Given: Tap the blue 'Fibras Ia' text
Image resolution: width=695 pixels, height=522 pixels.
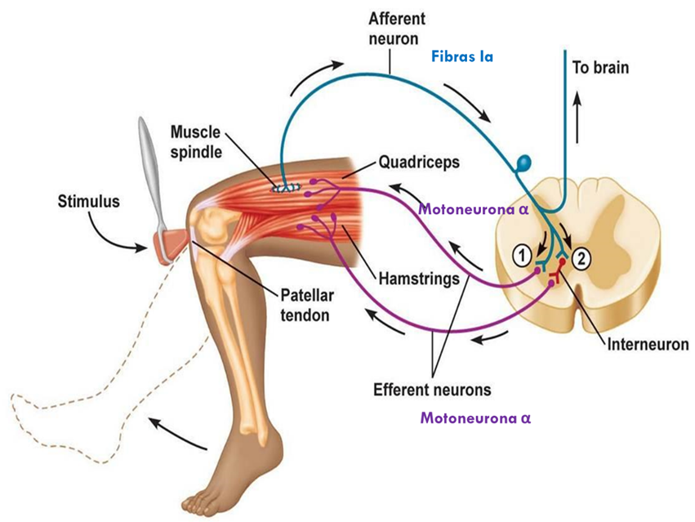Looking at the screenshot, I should pyautogui.click(x=462, y=58).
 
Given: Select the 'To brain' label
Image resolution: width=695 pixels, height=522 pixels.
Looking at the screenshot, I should pyautogui.click(x=600, y=67).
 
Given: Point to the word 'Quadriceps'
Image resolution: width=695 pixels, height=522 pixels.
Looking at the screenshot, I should pyautogui.click(x=419, y=162).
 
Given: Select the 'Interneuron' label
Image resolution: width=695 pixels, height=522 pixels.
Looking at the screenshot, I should pyautogui.click(x=648, y=344).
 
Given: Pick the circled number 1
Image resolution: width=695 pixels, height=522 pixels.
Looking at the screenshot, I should pyautogui.click(x=520, y=255).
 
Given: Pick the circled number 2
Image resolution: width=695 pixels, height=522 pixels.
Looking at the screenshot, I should pyautogui.click(x=581, y=259).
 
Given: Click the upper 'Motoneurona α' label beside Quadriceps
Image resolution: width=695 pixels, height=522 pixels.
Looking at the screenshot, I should pyautogui.click(x=474, y=208).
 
